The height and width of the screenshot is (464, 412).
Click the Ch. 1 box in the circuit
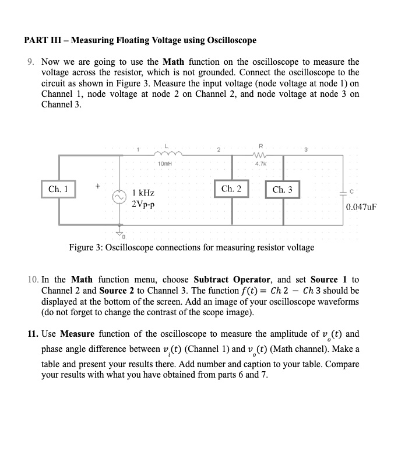(58, 189)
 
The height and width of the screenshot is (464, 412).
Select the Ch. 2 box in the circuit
(231, 189)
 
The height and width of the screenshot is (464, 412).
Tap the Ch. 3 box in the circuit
(283, 190)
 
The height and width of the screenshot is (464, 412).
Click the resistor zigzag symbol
(261, 156)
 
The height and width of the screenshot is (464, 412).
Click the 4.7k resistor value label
(260, 164)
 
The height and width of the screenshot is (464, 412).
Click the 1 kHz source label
(143, 193)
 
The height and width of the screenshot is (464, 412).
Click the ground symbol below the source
(121, 232)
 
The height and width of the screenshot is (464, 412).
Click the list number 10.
(33, 280)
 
